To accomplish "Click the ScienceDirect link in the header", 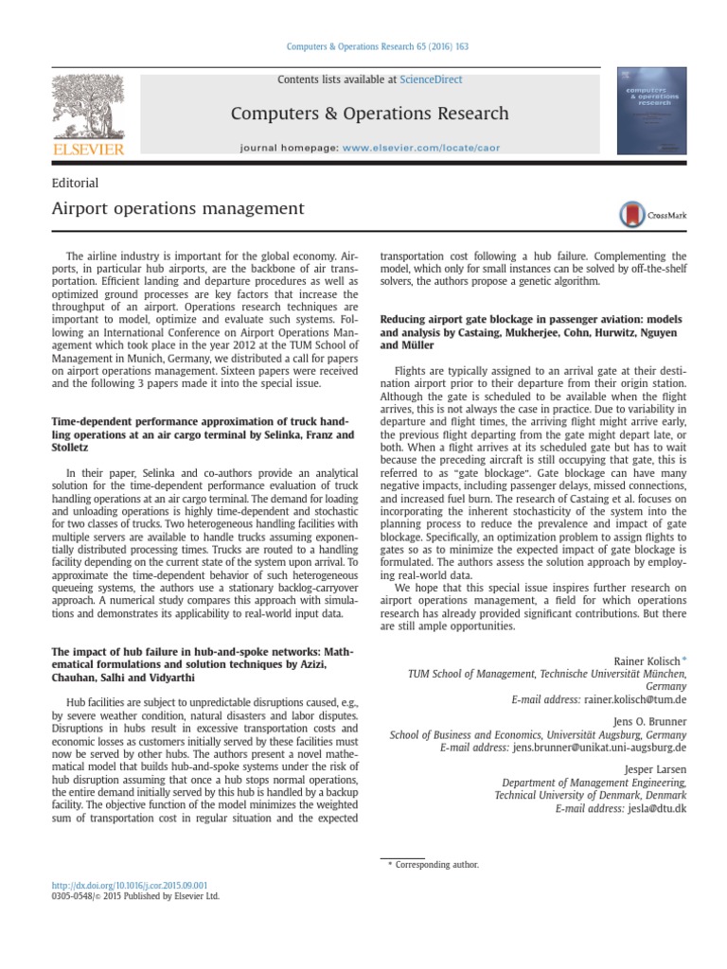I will (x=431, y=79).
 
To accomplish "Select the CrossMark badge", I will (x=652, y=215).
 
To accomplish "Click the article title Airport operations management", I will (x=177, y=208).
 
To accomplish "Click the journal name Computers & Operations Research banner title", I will (x=369, y=114).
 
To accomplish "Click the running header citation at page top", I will (x=363, y=46).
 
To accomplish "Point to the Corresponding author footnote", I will (x=436, y=864).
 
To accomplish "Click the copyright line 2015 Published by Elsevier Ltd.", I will (x=133, y=896).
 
